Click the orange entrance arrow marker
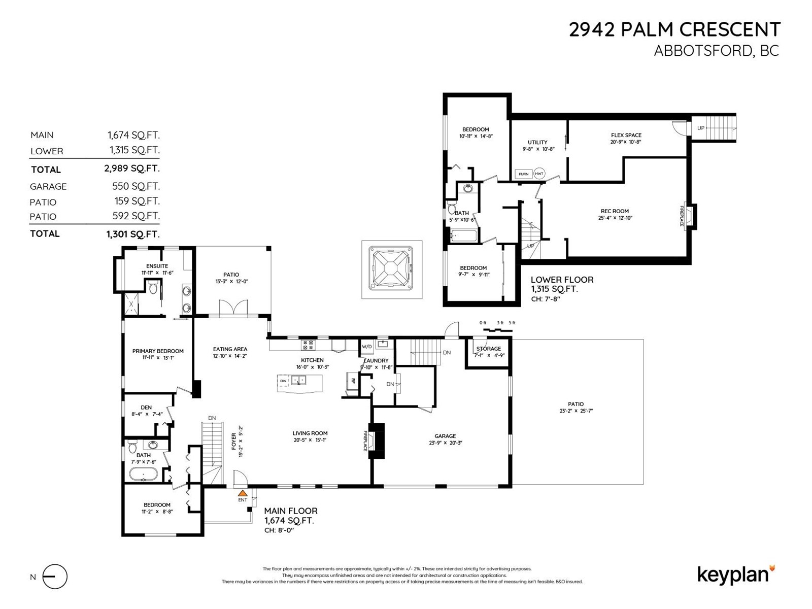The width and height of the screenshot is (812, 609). [x=243, y=492]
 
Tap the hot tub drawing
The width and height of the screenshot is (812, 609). [x=391, y=269]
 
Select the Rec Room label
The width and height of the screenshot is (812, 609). [x=615, y=211]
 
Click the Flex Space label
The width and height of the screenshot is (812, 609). [x=626, y=135]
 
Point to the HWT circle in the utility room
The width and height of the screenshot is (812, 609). [x=539, y=174]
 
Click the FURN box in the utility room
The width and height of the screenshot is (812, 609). [x=523, y=174]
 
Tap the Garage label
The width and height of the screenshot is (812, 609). [x=445, y=436]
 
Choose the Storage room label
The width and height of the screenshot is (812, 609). [x=488, y=349]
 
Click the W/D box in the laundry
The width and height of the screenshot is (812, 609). [x=366, y=347]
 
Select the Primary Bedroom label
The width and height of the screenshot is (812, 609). [x=158, y=351]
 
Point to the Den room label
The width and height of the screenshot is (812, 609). [x=146, y=407]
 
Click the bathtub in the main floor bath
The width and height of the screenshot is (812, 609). [x=143, y=475]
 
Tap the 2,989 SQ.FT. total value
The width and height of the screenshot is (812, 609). [x=132, y=168]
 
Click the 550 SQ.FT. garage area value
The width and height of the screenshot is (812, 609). [x=136, y=186]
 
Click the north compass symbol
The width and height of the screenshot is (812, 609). [x=55, y=577]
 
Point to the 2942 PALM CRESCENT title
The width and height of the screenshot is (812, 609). [x=674, y=30]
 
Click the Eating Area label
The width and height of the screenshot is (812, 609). [x=230, y=349]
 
